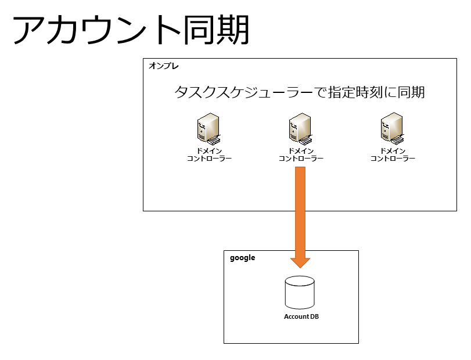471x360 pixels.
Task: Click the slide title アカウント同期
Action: click(x=131, y=30)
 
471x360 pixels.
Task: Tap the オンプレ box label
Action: click(x=164, y=66)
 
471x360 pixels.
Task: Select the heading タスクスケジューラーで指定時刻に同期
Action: click(x=300, y=92)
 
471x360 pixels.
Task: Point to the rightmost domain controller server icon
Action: click(x=392, y=128)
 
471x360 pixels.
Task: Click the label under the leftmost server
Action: click(x=210, y=154)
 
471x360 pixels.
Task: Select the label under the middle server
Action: click(x=301, y=154)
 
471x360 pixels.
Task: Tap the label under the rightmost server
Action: click(x=393, y=154)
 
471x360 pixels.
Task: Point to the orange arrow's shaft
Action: click(x=300, y=213)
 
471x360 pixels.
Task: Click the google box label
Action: click(x=242, y=258)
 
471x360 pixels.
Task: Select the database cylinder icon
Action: click(x=300, y=293)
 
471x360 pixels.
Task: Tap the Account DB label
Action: click(x=301, y=316)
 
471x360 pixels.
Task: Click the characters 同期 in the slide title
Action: click(x=216, y=30)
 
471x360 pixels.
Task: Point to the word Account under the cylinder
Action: click(x=296, y=316)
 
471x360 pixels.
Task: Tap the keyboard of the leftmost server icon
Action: click(x=214, y=141)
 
